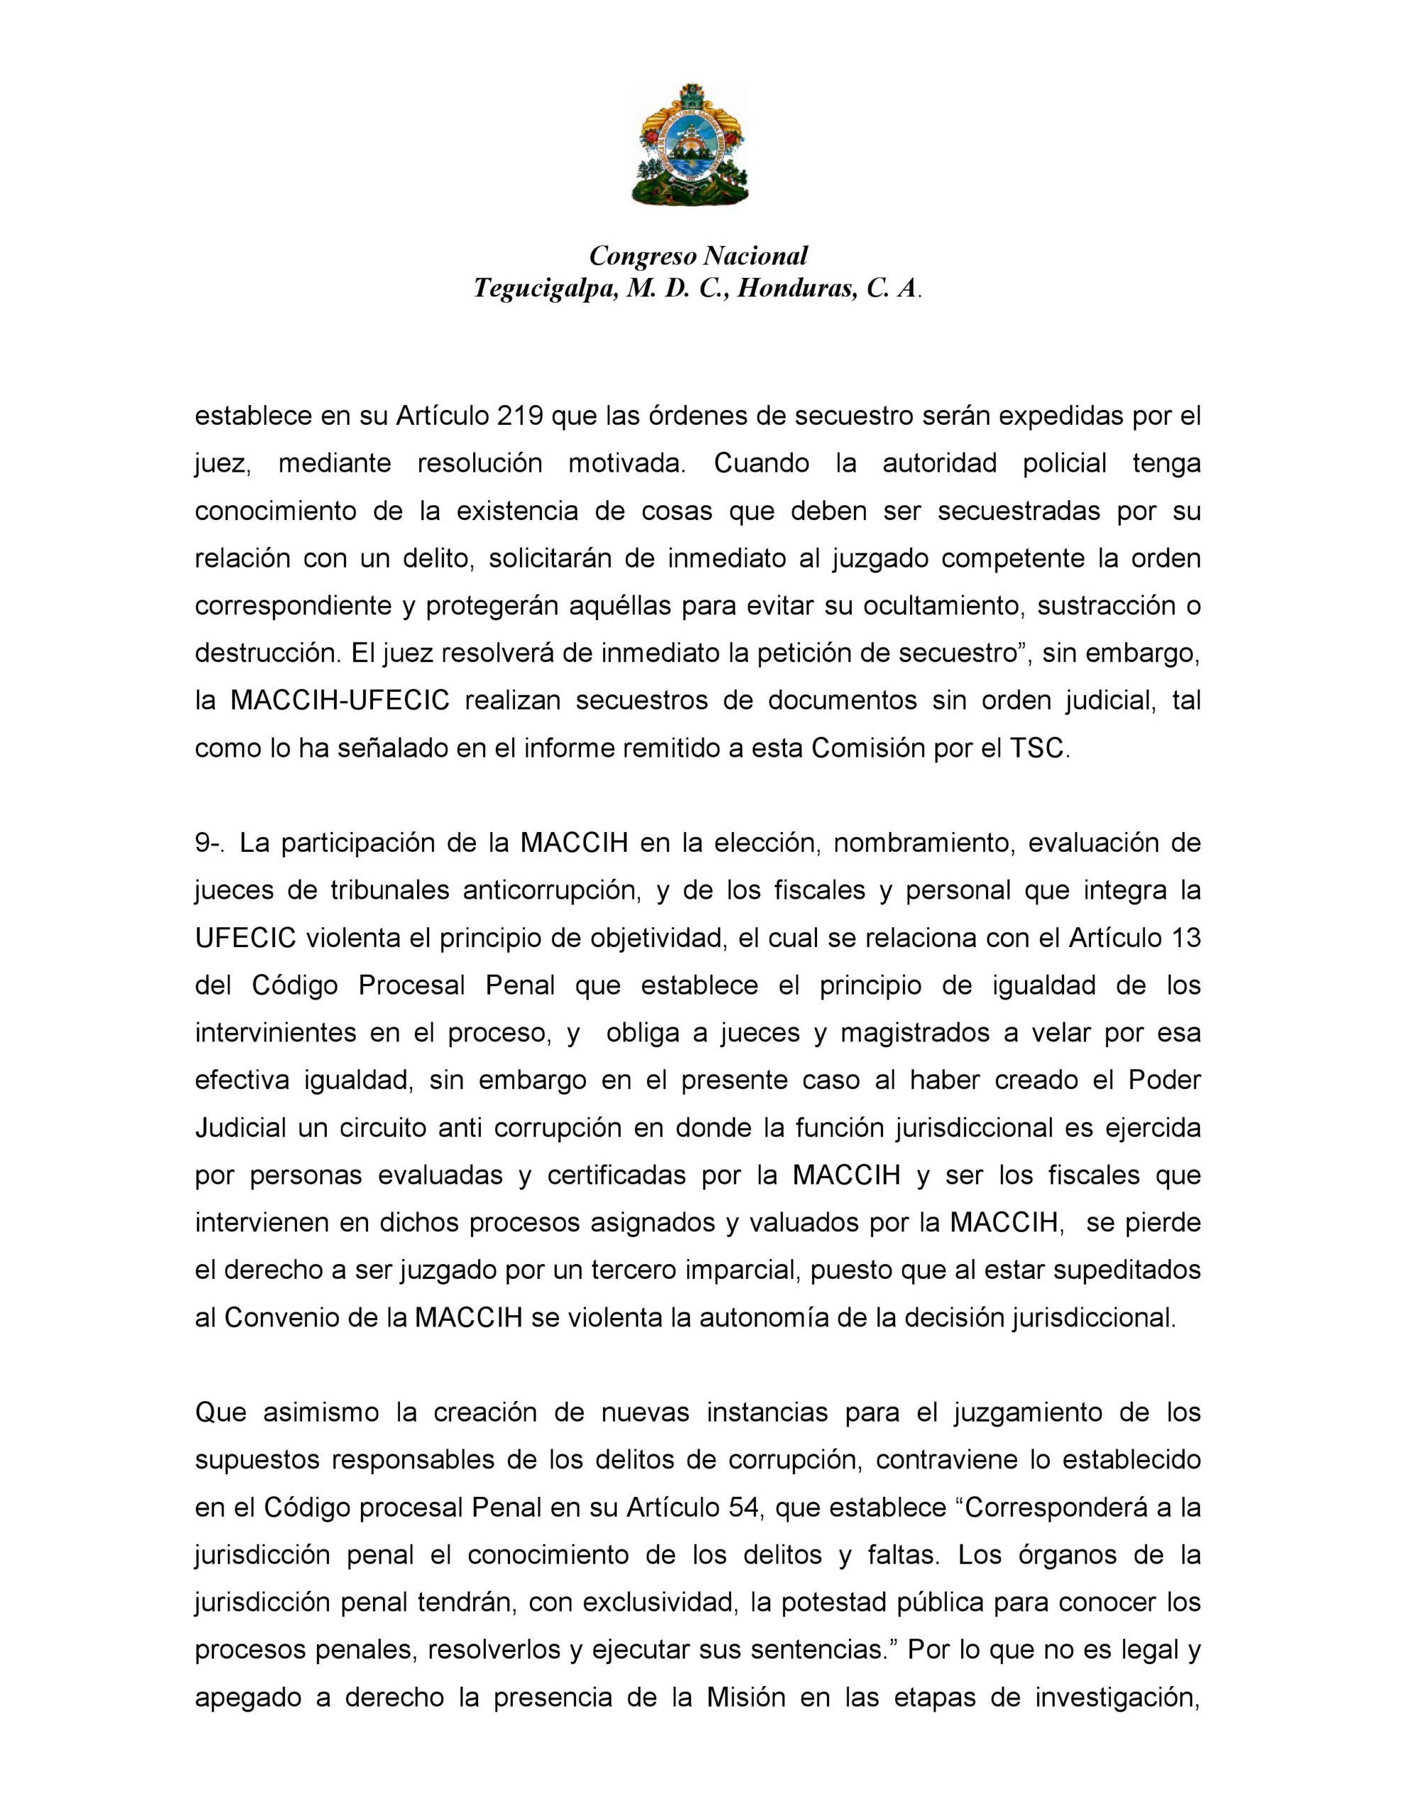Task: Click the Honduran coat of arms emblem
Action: click(x=689, y=144)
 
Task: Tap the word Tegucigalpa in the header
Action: click(x=545, y=289)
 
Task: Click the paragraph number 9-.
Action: click(x=211, y=843)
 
